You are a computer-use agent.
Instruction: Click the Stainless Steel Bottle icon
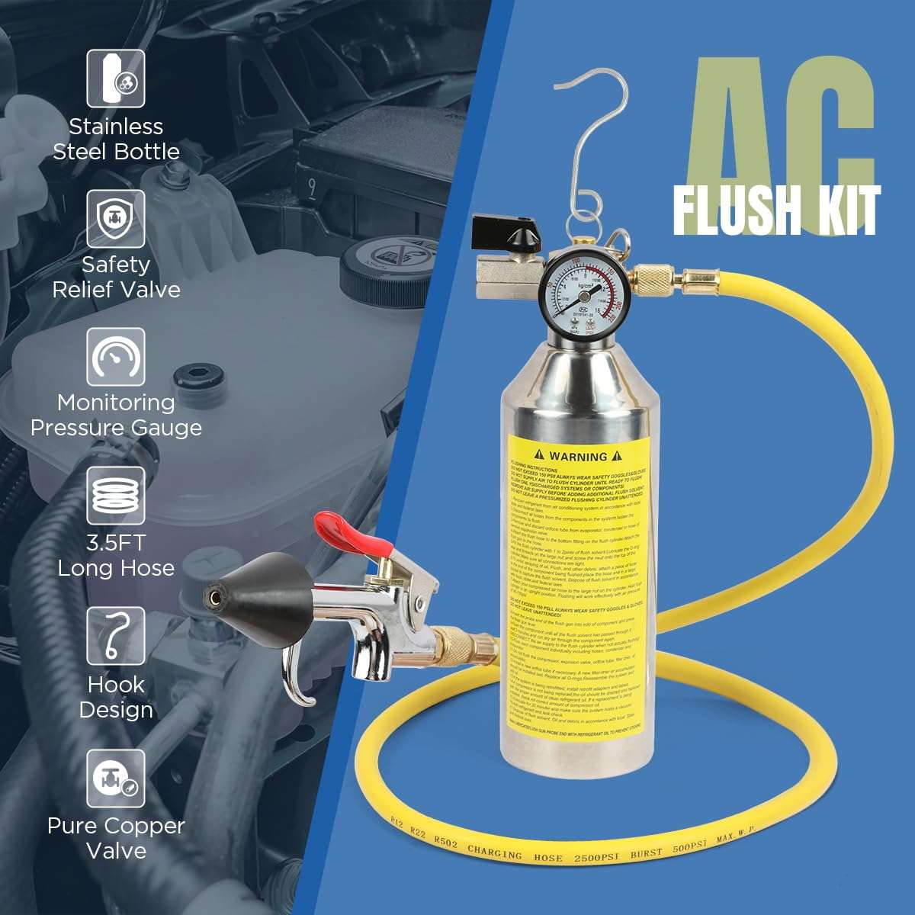(116, 78)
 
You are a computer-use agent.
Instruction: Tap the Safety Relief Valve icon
(116, 218)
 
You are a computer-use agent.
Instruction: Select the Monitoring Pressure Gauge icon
(116, 357)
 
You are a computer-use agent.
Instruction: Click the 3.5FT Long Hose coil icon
(116, 496)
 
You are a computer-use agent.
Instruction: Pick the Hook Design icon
(116, 636)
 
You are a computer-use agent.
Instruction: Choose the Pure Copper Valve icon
(116, 778)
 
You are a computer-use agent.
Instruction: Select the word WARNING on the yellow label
(578, 456)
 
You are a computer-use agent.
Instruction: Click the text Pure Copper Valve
(116, 837)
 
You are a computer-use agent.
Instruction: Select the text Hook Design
(116, 697)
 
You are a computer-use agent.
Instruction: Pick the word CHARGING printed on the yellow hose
(495, 852)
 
